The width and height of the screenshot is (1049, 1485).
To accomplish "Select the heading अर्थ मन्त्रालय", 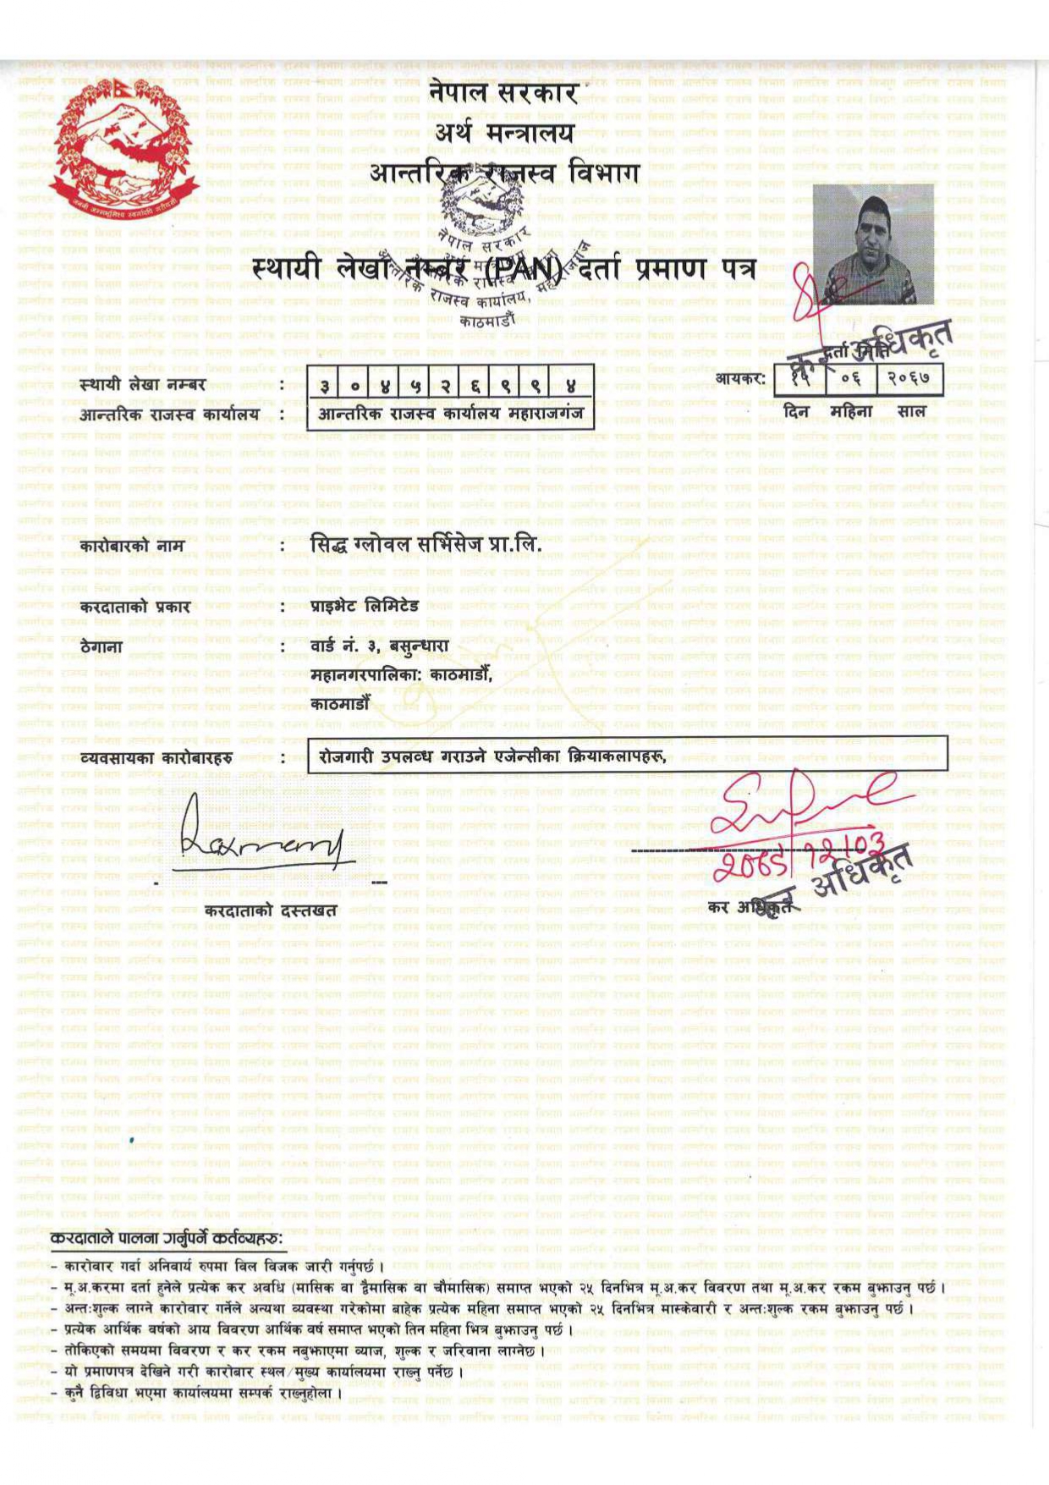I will pyautogui.click(x=504, y=133).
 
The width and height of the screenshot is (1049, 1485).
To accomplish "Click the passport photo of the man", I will pyautogui.click(x=873, y=244).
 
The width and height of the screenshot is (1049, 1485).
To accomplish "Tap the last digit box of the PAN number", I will pyautogui.click(x=571, y=385).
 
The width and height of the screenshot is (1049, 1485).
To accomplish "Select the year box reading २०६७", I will pyautogui.click(x=912, y=378).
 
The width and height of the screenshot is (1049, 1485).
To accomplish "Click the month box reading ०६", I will pyautogui.click(x=851, y=378).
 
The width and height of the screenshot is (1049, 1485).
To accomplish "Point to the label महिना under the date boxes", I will pyautogui.click(x=851, y=412).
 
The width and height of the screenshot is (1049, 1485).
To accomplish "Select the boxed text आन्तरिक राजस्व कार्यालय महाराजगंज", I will pyautogui.click(x=450, y=415).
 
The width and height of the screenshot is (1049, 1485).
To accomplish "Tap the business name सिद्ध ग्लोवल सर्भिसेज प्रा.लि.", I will pyautogui.click(x=425, y=545).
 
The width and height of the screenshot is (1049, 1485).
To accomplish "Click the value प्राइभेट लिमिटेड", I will pyautogui.click(x=365, y=606).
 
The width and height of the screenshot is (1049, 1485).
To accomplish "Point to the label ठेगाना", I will pyautogui.click(x=102, y=648).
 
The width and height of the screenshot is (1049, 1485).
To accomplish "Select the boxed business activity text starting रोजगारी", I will pyautogui.click(x=492, y=757).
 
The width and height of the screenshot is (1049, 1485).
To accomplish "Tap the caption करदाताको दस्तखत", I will pyautogui.click(x=271, y=910).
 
